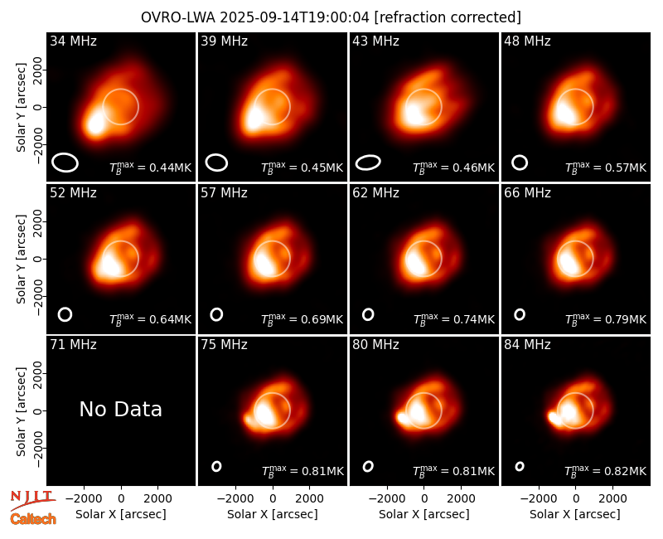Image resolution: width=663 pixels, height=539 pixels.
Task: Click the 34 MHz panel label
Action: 73,41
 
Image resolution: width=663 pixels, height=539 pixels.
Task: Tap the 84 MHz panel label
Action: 527,345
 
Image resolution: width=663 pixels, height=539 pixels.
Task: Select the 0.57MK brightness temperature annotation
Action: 606,168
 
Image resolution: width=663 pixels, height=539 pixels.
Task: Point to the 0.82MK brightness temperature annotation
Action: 606,471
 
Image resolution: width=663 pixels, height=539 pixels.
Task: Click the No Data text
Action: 120,409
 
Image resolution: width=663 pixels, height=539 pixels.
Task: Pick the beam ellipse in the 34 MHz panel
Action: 65,163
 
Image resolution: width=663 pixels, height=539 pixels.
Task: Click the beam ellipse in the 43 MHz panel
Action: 368,163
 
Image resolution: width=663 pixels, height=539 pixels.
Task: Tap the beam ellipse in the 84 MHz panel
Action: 520,466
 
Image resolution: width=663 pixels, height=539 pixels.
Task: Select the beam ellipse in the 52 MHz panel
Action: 65,314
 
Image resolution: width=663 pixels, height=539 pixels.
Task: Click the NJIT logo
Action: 32,499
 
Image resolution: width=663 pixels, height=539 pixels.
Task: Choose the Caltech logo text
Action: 33,519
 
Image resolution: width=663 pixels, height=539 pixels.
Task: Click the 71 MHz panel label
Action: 73,345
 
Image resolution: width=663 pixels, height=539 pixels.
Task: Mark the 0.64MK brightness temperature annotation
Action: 151,319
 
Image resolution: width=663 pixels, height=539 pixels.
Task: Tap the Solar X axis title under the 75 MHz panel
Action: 273,514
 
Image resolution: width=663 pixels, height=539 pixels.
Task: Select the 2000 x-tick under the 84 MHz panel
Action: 612,498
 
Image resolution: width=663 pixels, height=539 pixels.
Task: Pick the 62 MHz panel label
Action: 376,193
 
